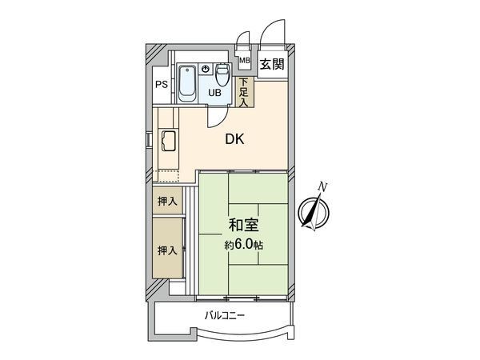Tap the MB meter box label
245,61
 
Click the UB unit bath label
215,93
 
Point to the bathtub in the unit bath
188,83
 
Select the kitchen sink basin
170,142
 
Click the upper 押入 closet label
166,201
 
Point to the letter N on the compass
322,186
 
